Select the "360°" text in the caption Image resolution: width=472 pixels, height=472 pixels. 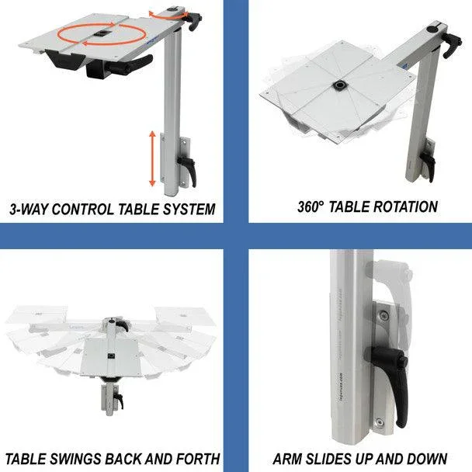click(x=311, y=207)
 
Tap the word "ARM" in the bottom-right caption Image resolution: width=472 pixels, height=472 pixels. click(x=289, y=458)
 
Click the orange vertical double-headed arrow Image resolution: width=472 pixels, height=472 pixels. click(x=152, y=158)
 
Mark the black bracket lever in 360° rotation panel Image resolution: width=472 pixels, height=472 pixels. click(x=427, y=165)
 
